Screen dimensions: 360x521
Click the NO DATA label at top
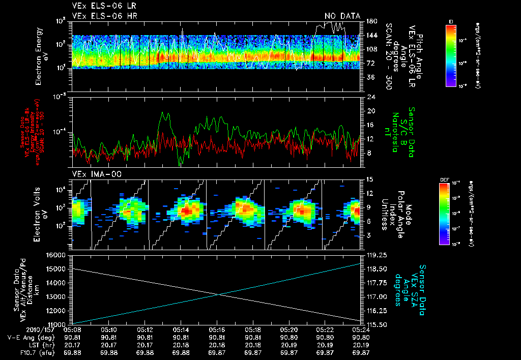point(342,16)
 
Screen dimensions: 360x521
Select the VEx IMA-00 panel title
point(92,174)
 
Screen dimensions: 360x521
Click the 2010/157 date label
point(17,329)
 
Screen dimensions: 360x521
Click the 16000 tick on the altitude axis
point(56,255)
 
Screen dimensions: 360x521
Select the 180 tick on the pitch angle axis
point(371,21)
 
